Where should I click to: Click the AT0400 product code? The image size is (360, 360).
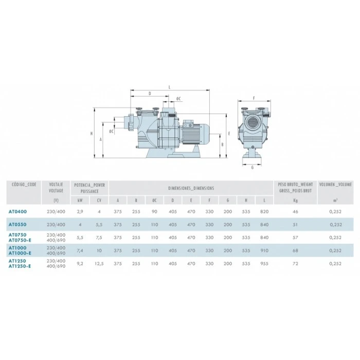coord(17,212)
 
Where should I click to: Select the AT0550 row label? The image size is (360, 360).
coord(17,225)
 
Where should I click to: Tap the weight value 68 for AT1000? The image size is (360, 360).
coord(295,250)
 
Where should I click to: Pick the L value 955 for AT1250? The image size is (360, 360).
coord(264,263)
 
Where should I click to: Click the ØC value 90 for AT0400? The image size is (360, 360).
coord(154,212)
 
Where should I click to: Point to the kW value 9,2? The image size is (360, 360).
coord(80,263)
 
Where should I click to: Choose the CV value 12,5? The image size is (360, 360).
coord(99,263)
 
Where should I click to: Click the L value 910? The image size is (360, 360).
coord(264,250)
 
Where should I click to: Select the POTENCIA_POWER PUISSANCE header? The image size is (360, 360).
coord(89,188)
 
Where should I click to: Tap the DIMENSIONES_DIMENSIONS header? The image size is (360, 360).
coord(191,188)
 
